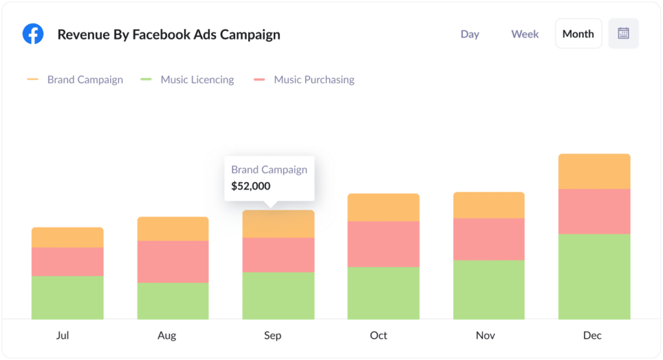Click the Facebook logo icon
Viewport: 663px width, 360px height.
tap(33, 34)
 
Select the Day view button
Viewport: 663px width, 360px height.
tap(469, 34)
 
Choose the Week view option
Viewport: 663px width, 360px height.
tap(524, 34)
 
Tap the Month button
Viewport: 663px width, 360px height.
tap(578, 34)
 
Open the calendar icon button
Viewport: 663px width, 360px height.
tap(624, 34)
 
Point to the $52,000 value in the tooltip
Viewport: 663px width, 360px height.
tap(251, 186)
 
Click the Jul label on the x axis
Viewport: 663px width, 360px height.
tap(63, 335)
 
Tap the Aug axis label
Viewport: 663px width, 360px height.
tap(166, 335)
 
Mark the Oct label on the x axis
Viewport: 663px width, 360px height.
tap(379, 335)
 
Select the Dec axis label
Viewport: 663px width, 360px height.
tap(592, 335)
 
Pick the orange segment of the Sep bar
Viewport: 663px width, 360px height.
tap(278, 225)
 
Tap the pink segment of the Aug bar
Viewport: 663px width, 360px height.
tap(173, 262)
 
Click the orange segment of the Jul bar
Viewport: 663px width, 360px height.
tap(67, 238)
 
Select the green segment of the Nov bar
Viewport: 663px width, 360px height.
tap(489, 289)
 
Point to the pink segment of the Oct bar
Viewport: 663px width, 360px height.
tap(383, 244)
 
